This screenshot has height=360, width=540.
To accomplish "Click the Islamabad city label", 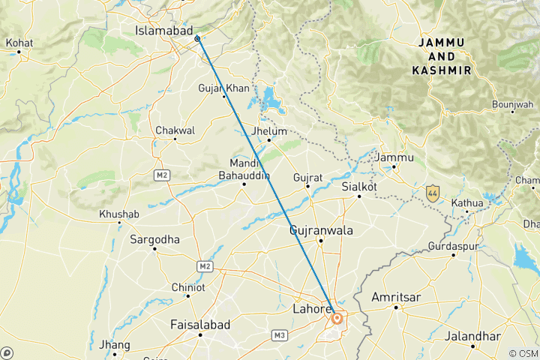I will (160, 31).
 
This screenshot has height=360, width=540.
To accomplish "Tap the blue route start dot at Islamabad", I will (197, 38).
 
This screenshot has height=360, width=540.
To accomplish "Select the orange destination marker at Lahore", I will (337, 319).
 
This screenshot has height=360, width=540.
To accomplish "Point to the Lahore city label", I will (311, 308).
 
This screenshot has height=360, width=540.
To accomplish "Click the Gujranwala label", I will (321, 231).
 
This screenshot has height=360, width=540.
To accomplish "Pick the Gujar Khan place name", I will (223, 88).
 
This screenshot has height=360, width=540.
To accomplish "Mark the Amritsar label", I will (396, 298).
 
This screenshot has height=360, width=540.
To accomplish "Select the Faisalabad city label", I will (200, 325).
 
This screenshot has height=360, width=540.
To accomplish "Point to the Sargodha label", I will (154, 239).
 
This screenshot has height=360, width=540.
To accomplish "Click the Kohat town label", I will (19, 43).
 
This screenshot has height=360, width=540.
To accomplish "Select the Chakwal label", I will (175, 130).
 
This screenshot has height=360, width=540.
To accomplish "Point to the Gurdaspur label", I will (453, 246).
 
